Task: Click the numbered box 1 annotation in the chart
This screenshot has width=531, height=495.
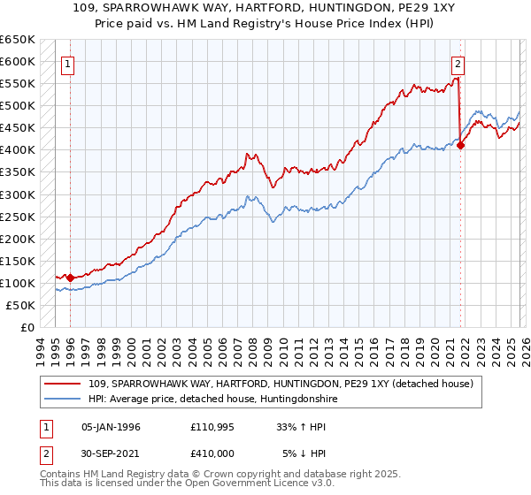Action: point(68,63)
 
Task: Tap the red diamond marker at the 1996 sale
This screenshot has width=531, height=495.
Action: point(70,278)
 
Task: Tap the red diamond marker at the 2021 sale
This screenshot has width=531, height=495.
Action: point(461,146)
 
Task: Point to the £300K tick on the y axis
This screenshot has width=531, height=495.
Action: point(18,194)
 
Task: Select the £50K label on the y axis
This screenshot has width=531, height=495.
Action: point(20,305)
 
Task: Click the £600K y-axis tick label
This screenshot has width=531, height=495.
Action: point(18,62)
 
